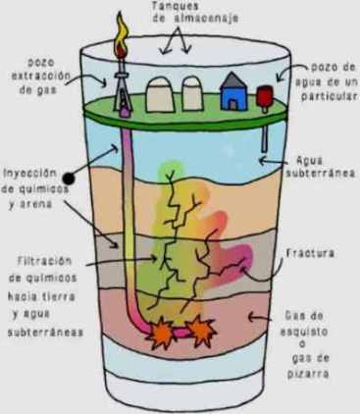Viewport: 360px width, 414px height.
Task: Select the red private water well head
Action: [x=264, y=95]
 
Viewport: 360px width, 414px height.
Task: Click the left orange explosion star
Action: [x=158, y=335]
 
